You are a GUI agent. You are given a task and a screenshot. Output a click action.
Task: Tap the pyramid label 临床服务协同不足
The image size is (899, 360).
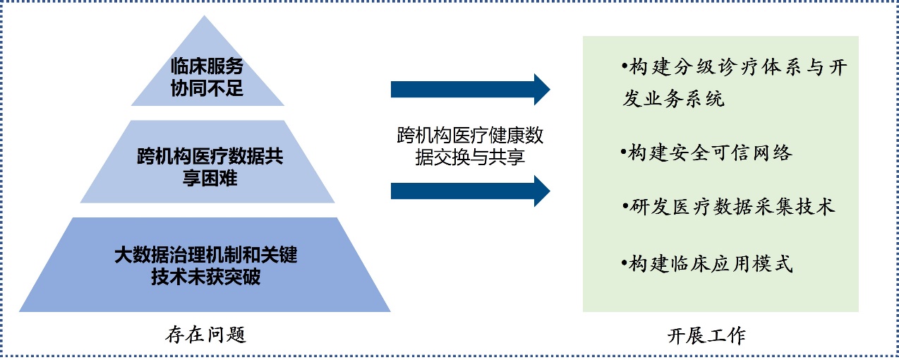(x=207, y=77)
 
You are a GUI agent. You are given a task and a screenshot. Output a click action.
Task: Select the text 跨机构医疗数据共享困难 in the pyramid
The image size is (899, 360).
(x=210, y=167)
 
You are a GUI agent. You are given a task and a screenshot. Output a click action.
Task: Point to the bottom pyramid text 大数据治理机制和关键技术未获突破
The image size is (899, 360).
(x=206, y=265)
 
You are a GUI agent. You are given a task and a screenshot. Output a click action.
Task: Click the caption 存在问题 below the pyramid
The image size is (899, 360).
(x=205, y=335)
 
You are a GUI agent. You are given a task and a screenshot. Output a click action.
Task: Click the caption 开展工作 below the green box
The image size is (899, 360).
(x=706, y=335)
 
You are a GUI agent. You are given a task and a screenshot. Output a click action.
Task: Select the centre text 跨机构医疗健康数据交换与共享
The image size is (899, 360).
(x=470, y=145)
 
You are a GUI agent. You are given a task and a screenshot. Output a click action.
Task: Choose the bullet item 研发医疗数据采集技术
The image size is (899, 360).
(x=728, y=207)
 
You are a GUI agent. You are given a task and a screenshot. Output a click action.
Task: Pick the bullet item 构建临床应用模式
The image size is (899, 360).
(x=706, y=264)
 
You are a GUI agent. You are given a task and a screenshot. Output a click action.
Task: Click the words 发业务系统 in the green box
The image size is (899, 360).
(x=673, y=98)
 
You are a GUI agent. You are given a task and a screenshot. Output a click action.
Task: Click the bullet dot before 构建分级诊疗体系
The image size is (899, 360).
(x=625, y=66)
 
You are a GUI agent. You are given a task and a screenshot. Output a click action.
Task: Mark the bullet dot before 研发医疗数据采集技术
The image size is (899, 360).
(x=625, y=206)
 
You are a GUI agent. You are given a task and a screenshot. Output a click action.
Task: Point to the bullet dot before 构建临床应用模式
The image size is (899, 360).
(x=624, y=263)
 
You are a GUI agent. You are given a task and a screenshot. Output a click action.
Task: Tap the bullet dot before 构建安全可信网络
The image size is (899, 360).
(x=623, y=152)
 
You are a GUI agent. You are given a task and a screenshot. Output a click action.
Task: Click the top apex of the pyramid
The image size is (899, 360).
(x=204, y=16)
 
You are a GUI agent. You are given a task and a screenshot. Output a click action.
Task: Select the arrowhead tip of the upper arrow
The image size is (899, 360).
(x=550, y=89)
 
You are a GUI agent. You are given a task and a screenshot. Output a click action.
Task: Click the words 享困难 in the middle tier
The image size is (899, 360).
(x=210, y=178)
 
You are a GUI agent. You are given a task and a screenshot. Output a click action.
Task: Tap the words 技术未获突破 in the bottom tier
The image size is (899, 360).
(x=206, y=277)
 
